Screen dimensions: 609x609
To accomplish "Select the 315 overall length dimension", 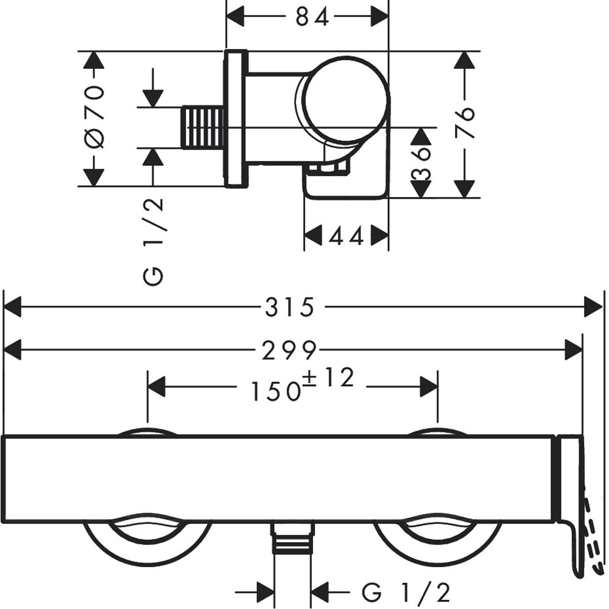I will click(x=289, y=308).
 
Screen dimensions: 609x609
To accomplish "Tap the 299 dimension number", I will click(x=289, y=350).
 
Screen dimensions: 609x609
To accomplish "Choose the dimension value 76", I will click(x=465, y=124).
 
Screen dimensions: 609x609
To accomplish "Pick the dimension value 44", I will click(x=346, y=236).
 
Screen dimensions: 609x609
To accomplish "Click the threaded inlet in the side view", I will click(x=203, y=127).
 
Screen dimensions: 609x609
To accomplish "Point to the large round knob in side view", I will click(x=344, y=99).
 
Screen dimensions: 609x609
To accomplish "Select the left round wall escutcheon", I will click(x=147, y=536).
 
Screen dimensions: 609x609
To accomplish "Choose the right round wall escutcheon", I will click(x=437, y=536).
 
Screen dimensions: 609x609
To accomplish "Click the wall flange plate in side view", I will click(x=236, y=119).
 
